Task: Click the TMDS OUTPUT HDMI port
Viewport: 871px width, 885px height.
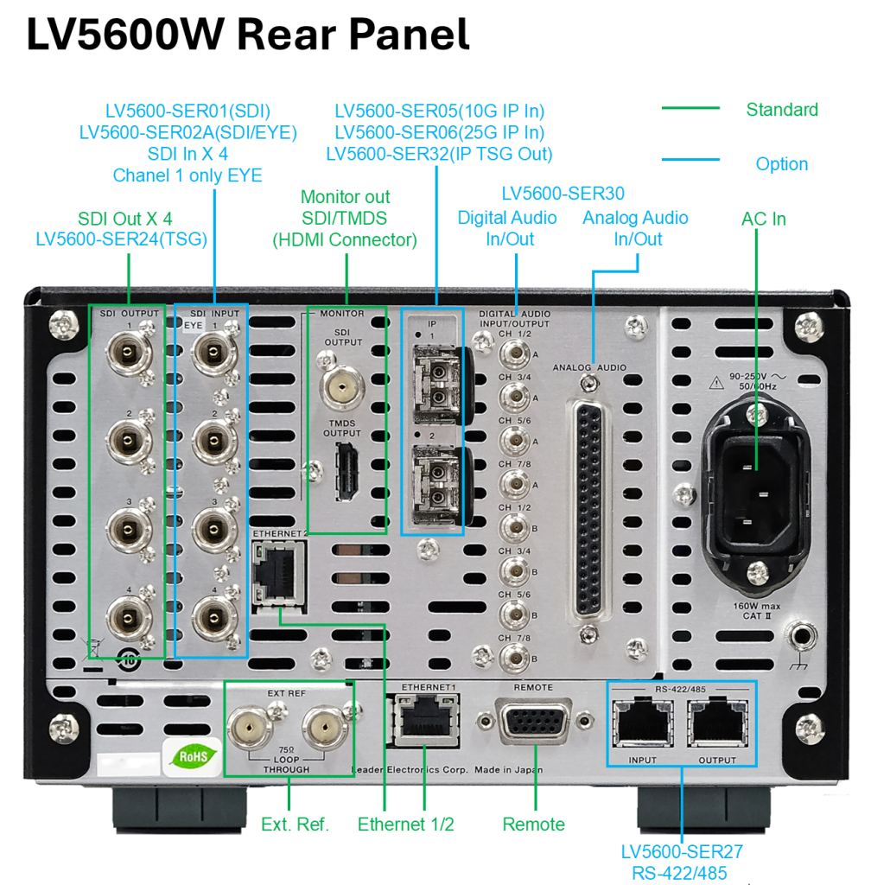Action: pos(345,473)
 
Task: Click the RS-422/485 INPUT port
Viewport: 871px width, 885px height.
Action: pos(643,723)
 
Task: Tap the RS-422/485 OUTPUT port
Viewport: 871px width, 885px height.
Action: pos(718,723)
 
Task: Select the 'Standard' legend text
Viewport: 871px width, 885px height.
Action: pos(781,110)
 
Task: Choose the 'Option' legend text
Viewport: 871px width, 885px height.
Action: pos(781,164)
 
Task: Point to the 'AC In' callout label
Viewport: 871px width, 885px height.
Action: pos(763,219)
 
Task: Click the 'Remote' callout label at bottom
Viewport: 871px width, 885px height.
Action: pos(533,825)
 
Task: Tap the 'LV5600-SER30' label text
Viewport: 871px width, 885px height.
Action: pos(563,194)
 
